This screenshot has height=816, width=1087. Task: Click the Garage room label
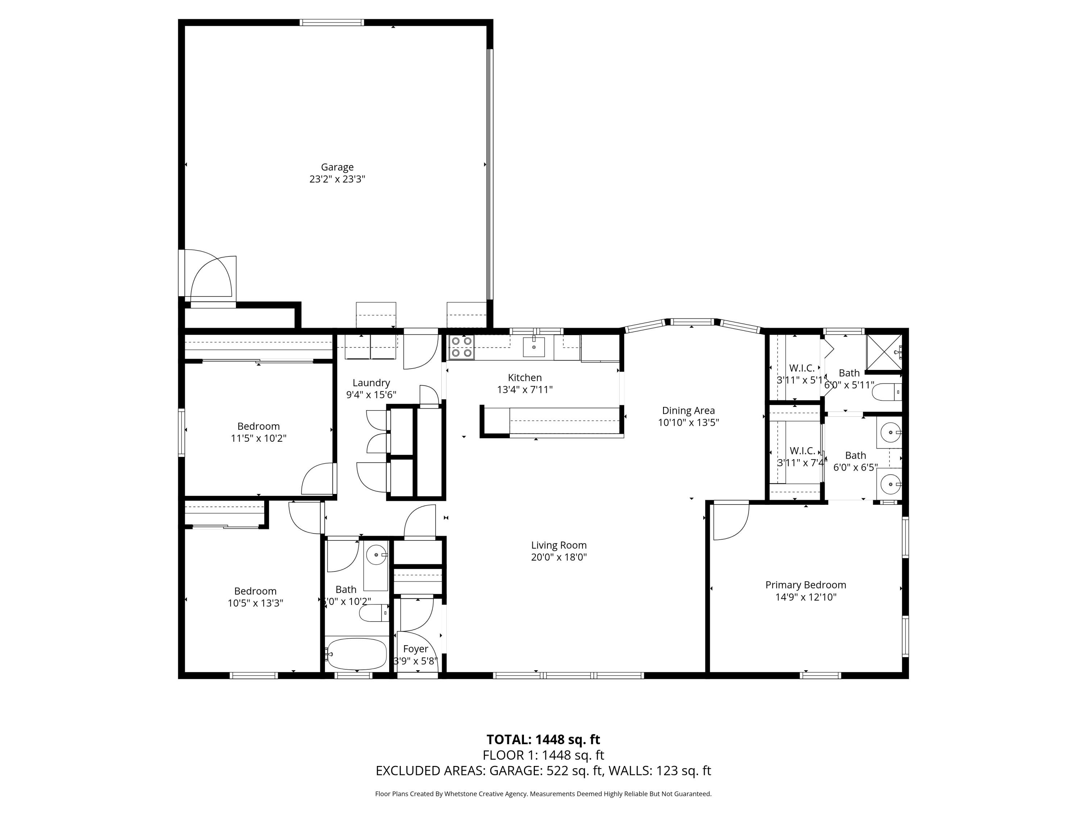click(x=337, y=167)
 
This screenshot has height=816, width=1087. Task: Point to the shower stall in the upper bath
click(x=884, y=352)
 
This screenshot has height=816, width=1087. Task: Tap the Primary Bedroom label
click(x=805, y=585)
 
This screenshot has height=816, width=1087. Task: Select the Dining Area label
click(x=688, y=411)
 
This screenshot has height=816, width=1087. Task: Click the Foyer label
click(x=415, y=649)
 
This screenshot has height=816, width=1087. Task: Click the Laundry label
click(x=371, y=383)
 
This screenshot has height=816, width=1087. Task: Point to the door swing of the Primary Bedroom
click(x=731, y=522)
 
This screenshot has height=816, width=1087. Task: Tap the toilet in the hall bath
click(x=374, y=613)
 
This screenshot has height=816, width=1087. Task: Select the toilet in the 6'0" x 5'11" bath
click(x=887, y=392)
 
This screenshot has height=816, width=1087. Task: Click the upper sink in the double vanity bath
click(x=890, y=433)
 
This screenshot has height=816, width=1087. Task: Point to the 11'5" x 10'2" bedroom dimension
click(x=258, y=438)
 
